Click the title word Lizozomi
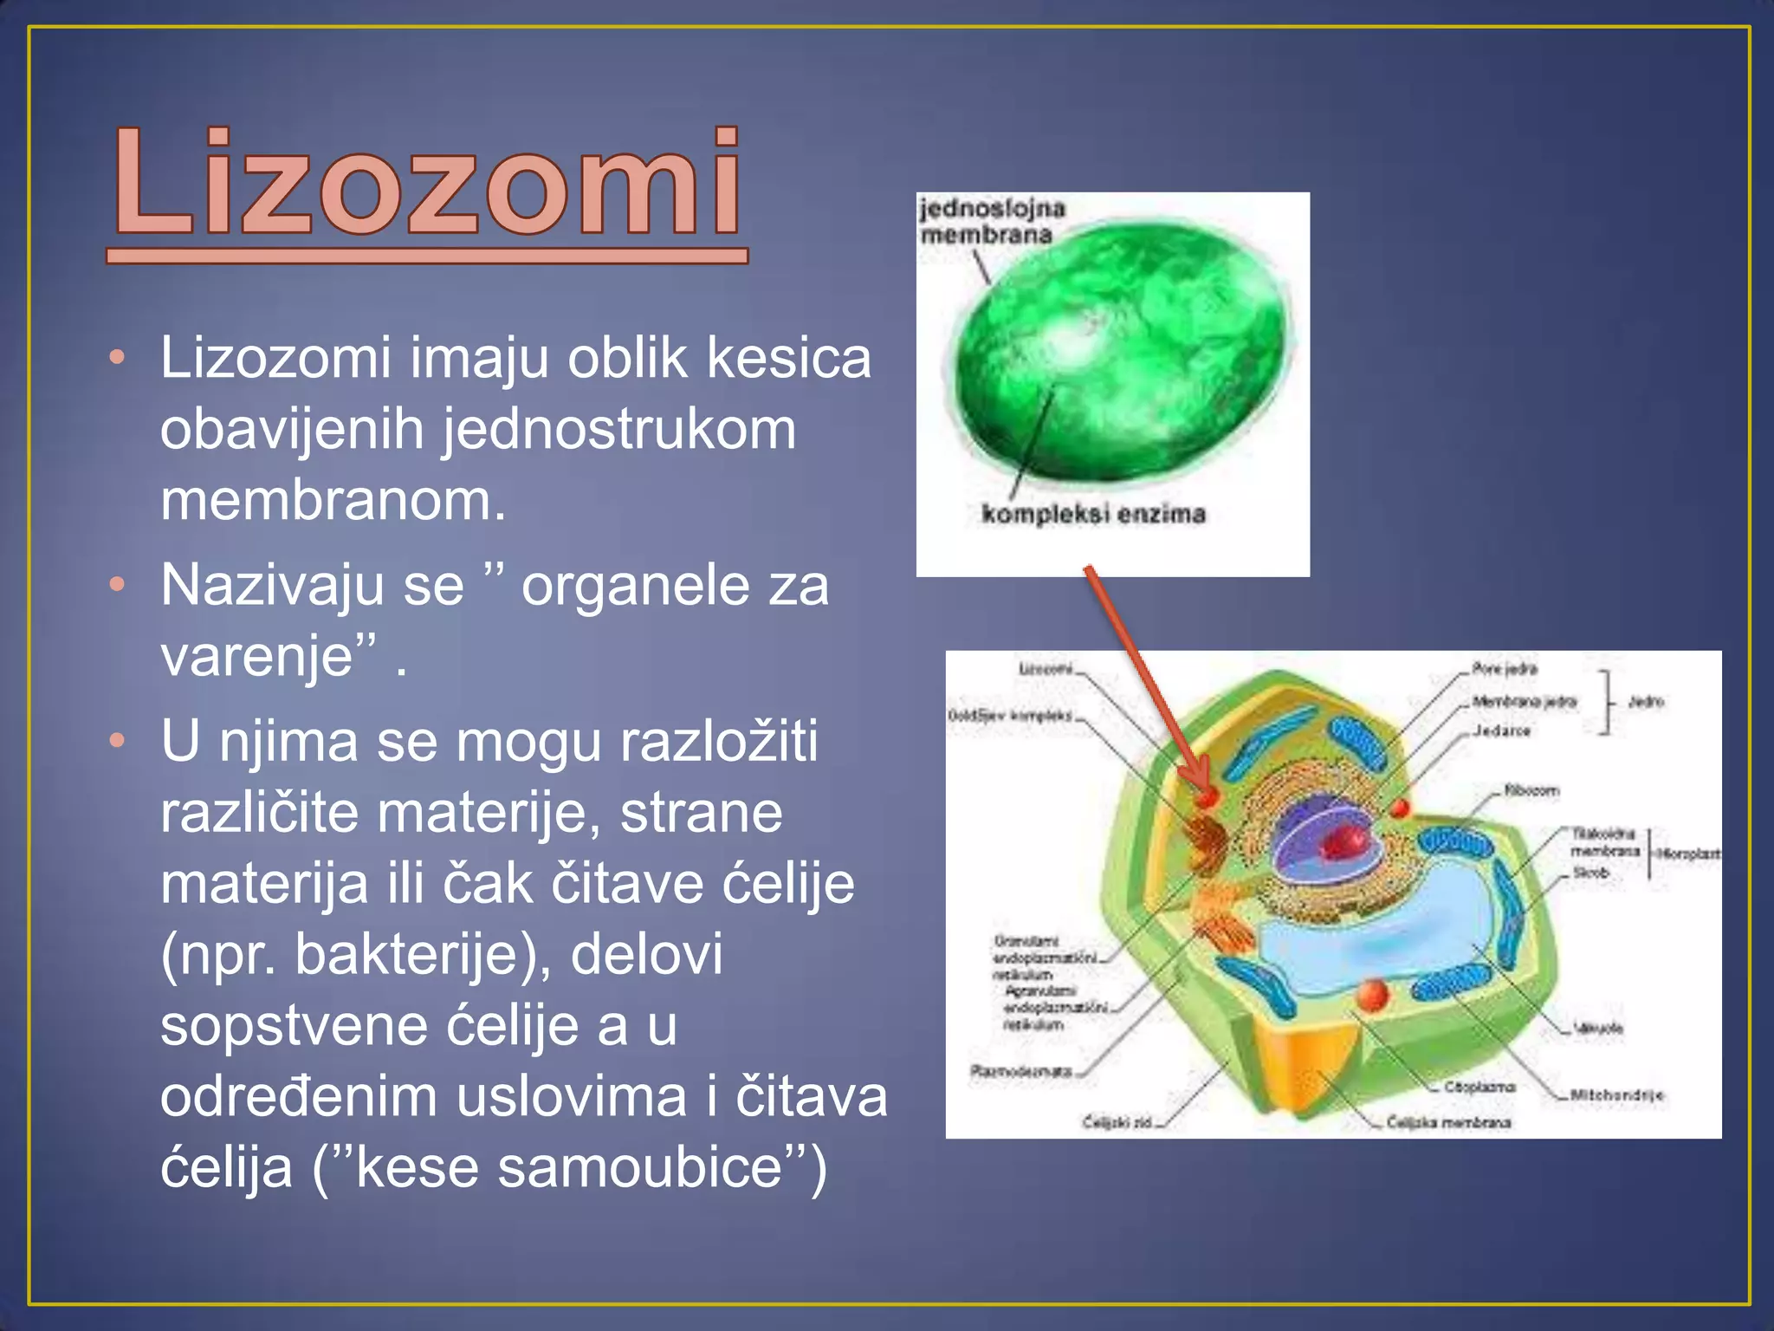click(x=426, y=184)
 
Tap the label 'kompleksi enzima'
click(x=1093, y=514)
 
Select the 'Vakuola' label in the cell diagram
click(x=1599, y=1029)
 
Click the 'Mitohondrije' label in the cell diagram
click(x=1617, y=1095)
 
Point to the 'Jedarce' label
click(x=1502, y=730)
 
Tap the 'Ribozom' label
click(x=1531, y=790)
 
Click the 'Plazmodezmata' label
click(x=1021, y=1071)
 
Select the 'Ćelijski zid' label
click(x=1117, y=1123)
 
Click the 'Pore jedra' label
click(x=1505, y=668)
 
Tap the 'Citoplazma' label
click(x=1479, y=1087)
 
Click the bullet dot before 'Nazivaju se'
click(x=118, y=585)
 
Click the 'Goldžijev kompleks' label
click(x=1009, y=716)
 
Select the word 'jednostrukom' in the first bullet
click(x=619, y=430)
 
